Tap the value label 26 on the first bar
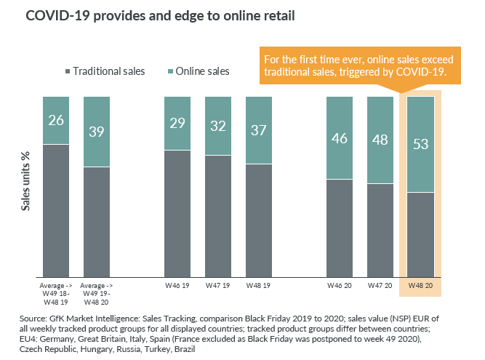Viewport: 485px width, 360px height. (x=56, y=120)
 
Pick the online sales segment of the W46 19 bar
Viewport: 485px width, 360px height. (x=177, y=123)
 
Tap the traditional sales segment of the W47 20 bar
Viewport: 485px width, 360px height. (x=379, y=230)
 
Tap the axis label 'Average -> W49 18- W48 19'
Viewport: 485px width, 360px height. (x=56, y=292)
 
